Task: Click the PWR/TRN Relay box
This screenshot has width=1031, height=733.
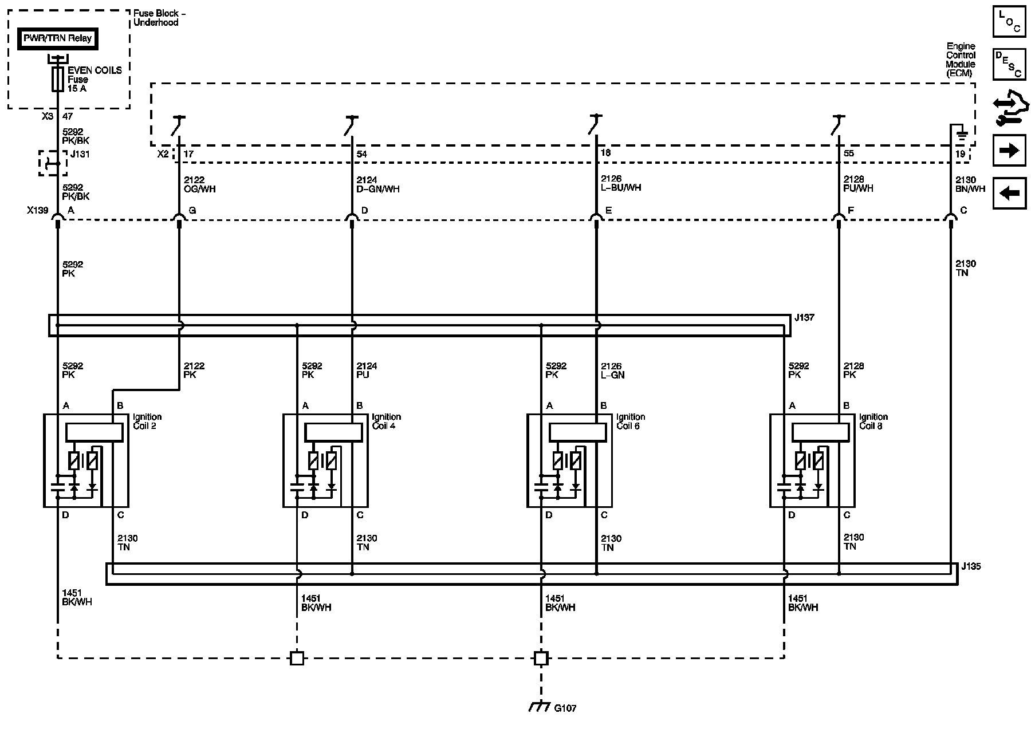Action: coord(57,39)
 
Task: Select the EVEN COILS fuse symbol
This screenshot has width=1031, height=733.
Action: coord(57,79)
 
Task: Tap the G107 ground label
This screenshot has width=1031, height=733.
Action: coord(565,708)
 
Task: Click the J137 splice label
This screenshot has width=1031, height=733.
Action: coord(805,317)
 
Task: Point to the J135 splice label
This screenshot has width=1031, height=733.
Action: coord(971,567)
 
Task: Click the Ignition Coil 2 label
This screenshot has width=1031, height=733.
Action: coord(147,421)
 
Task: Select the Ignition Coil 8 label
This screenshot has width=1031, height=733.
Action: coord(873,421)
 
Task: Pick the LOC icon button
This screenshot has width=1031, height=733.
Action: coord(1009,22)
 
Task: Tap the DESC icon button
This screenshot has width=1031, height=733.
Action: coord(1009,63)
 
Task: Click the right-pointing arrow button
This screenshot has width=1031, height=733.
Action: coord(1009,151)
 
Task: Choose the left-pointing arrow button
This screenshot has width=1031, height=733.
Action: coord(1009,193)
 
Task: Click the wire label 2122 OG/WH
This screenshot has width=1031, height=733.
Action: coord(199,184)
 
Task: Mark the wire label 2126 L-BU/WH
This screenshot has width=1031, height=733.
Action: coord(621,183)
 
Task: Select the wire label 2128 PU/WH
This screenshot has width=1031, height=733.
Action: coord(858,184)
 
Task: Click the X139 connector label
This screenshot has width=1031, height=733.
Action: coord(37,210)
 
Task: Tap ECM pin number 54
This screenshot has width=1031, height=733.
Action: coord(361,154)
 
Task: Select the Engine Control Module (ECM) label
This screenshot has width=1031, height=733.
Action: coord(961,60)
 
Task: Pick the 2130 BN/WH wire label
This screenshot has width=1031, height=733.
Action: coord(970,184)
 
